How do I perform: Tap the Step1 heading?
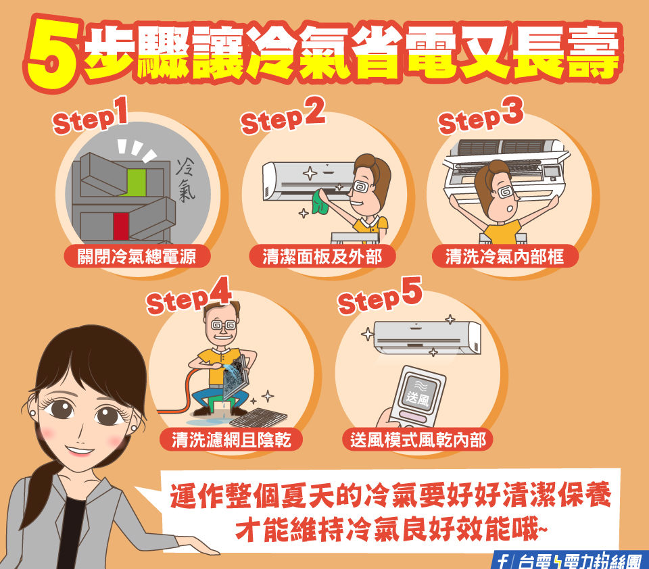90,116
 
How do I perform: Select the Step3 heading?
481,116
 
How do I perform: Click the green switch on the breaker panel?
137,182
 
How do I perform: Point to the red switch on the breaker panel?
121,226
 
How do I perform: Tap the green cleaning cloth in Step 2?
320,201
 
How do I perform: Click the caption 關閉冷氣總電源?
137,257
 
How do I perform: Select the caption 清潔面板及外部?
322,257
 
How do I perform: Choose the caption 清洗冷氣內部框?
504,257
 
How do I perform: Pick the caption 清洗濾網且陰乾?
231,439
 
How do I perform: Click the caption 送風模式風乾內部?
418,439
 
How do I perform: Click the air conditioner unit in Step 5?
427,337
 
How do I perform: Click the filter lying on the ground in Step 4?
258,418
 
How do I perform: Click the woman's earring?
33,413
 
